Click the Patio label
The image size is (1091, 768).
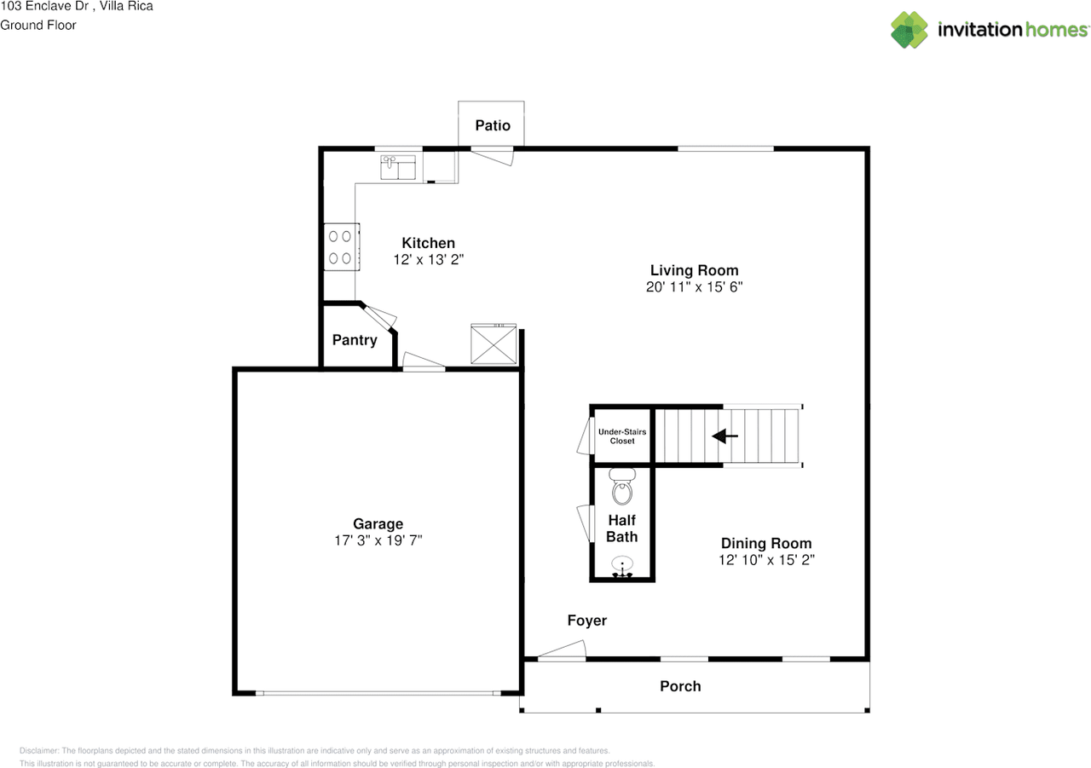point(493,126)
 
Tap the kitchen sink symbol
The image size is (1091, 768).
point(396,166)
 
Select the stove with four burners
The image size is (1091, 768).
point(341,246)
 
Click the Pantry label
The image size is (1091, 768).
point(355,340)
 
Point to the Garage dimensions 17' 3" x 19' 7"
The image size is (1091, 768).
point(378,540)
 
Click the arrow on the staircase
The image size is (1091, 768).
point(724,436)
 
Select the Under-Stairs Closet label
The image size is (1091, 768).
point(622,436)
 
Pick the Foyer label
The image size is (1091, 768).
point(587,621)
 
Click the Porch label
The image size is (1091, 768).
point(680,686)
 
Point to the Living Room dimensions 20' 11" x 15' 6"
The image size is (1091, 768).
point(695,287)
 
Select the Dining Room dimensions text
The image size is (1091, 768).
point(766,560)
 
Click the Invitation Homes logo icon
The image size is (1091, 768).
point(909,30)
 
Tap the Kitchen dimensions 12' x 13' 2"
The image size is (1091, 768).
point(428,259)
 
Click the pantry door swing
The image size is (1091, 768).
point(381,316)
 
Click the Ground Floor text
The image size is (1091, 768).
point(38,25)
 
